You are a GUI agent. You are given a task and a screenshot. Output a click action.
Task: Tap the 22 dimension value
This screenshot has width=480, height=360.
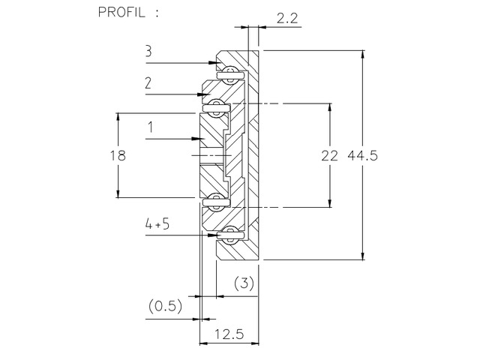[328, 155]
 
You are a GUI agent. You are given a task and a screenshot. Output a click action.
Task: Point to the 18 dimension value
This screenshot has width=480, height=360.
[116, 155]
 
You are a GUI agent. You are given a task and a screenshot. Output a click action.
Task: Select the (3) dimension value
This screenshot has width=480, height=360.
[244, 283]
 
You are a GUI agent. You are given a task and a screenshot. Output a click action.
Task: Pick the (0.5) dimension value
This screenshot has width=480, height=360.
[163, 306]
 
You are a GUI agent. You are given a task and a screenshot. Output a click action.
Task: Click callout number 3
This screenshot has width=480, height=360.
[148, 52]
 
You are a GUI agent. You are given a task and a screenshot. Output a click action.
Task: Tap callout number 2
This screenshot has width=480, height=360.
[148, 85]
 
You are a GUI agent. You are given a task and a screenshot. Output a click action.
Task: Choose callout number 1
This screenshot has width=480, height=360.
[151, 127]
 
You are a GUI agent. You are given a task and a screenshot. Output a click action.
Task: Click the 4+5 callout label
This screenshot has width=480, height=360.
[158, 224]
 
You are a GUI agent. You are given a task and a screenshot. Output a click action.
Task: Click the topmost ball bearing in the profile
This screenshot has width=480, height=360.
[229, 73]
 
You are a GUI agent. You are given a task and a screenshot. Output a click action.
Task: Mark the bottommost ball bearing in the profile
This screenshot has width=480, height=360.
[229, 234]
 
